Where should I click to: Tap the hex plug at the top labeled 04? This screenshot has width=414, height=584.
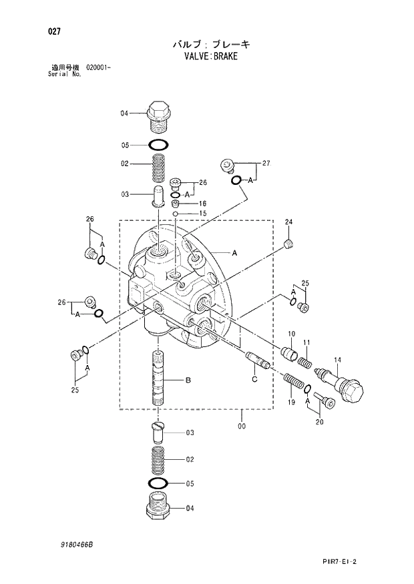158,114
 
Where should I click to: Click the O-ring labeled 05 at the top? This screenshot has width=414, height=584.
158,145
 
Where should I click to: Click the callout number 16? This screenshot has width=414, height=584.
202,204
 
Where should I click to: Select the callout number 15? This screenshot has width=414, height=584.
202,214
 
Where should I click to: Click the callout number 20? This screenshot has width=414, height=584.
319,421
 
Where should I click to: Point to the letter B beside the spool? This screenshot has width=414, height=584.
188,380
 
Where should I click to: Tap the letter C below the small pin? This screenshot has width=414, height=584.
254,380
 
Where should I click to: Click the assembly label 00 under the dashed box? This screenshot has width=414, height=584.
241,425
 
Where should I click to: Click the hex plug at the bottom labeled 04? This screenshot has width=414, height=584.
158,506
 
